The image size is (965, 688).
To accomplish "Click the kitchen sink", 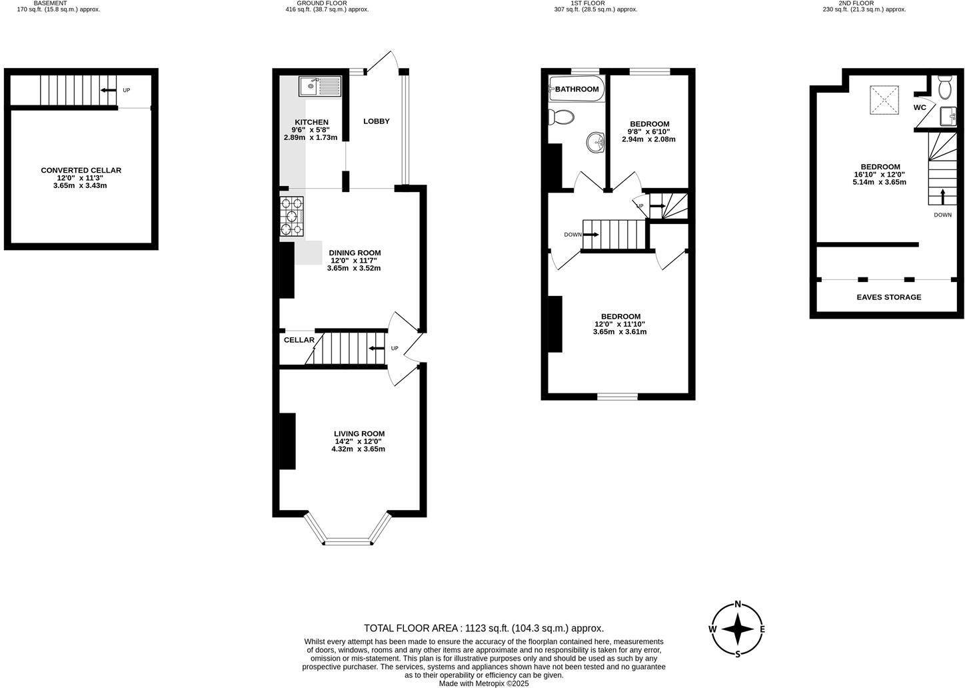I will click(320, 86).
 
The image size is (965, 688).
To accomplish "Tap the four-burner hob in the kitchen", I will click(292, 217).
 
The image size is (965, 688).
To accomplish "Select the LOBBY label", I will click(376, 121).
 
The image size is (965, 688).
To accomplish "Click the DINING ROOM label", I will click(355, 253).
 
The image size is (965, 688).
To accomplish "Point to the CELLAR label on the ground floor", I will click(299, 340).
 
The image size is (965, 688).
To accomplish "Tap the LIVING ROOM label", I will click(359, 434).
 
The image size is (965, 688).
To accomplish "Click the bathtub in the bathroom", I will click(576, 89).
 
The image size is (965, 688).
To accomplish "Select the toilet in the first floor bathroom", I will click(561, 118).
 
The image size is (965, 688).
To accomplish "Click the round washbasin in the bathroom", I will click(596, 142).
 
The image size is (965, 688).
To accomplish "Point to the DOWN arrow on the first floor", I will click(590, 235).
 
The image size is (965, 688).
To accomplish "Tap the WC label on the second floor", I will click(920, 107).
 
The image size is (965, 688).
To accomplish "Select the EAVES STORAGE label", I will click(888, 297).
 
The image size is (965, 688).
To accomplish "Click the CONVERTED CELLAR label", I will click(81, 171).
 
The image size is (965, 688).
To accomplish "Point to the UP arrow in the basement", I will click(107, 90).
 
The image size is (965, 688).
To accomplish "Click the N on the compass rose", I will click(738, 605).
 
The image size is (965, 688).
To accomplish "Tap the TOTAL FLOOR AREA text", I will click(483, 628).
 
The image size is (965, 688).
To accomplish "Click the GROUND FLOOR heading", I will click(322, 3).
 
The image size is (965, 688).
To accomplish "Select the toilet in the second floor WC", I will click(944, 87).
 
